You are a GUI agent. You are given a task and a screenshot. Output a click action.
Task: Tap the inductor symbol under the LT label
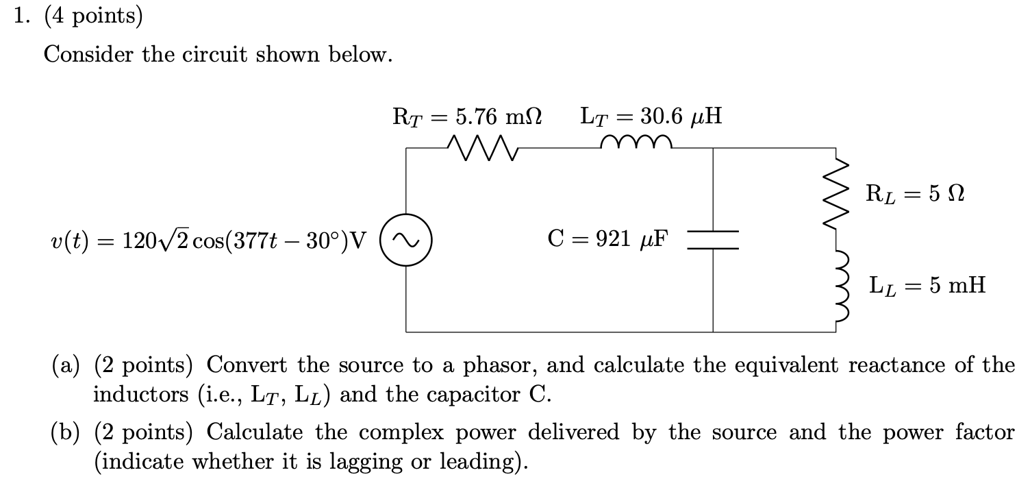point(636,142)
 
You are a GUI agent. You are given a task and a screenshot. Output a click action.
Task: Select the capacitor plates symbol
point(713,240)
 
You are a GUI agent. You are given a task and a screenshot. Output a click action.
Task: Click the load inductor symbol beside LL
point(836,286)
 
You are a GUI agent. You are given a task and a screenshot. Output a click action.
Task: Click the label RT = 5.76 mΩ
point(467,116)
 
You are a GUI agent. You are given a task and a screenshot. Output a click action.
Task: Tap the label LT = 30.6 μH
point(650,116)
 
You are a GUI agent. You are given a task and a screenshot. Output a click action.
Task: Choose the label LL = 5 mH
point(927,284)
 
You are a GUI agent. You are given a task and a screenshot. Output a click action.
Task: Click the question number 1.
point(21,16)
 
